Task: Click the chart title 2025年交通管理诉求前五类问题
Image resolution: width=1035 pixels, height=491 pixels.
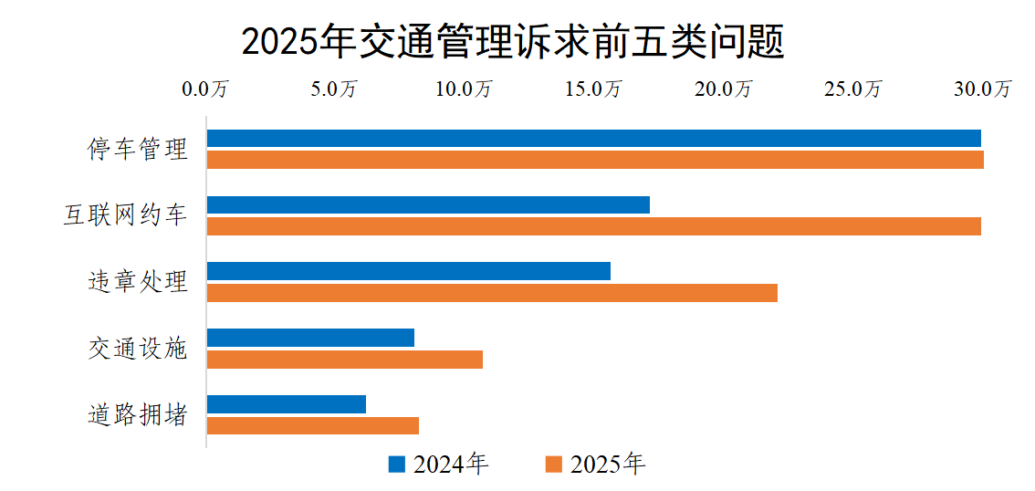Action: (x=513, y=41)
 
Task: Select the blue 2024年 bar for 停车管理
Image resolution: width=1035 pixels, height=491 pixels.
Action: (x=593, y=139)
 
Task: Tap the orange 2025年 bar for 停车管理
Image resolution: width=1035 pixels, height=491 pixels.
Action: (x=595, y=161)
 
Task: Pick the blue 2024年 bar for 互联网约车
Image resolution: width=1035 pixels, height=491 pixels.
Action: (x=428, y=204)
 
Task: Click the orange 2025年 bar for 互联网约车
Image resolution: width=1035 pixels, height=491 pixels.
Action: (x=593, y=226)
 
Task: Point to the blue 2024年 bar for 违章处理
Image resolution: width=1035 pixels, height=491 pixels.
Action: (x=408, y=271)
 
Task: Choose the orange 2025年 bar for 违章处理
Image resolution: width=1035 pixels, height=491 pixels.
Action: (x=492, y=293)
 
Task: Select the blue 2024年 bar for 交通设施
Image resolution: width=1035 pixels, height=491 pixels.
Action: (x=310, y=338)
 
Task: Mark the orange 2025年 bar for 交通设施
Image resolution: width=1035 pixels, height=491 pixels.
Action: (x=344, y=360)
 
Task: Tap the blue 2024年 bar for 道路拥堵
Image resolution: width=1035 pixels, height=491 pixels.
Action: (x=287, y=404)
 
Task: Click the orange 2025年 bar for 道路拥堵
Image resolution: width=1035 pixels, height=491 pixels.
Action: (x=312, y=426)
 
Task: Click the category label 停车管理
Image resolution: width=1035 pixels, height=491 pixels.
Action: (x=138, y=150)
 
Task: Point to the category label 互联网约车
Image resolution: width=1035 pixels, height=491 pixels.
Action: (x=125, y=216)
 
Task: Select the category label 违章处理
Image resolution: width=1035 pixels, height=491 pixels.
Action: (x=138, y=282)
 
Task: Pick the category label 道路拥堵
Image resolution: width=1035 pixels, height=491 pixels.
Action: (x=138, y=415)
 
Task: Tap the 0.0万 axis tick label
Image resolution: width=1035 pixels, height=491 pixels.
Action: (x=205, y=89)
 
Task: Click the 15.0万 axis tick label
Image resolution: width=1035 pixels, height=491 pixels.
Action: (x=593, y=89)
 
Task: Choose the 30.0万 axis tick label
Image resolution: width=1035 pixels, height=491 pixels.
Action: (x=983, y=89)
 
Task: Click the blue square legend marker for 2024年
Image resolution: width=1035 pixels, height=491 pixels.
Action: (x=397, y=465)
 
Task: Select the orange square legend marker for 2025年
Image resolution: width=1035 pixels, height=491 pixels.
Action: (x=553, y=465)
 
